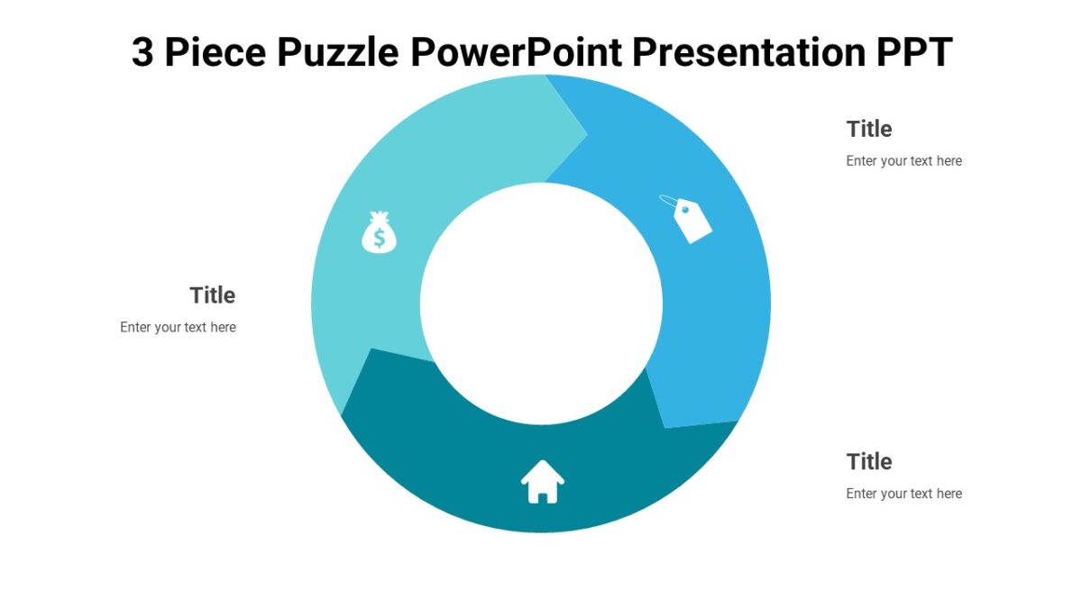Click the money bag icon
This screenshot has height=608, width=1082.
pos(379,232)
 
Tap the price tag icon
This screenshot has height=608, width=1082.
pos(690,220)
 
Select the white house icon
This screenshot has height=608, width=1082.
pos(543,482)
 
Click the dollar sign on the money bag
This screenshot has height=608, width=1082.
pos(380,238)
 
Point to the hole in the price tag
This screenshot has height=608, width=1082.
pos(684,210)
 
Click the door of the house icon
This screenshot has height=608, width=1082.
pos(543,496)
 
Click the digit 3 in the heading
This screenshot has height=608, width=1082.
pos(142,52)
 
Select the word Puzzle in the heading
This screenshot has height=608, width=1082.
pos(337,52)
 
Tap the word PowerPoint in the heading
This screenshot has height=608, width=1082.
pos(516,52)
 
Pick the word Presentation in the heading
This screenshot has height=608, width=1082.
pos(748,52)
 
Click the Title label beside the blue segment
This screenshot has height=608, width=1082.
pos(869,129)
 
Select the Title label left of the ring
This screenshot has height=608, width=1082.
pos(213,295)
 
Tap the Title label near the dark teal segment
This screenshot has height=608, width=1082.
pos(869,462)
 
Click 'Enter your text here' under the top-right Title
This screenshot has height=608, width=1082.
pos(903,161)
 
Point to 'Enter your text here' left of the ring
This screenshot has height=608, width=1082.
pos(178,328)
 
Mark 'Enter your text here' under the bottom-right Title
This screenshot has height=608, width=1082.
pos(903,494)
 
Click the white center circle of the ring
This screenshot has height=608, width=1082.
pos(541,304)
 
